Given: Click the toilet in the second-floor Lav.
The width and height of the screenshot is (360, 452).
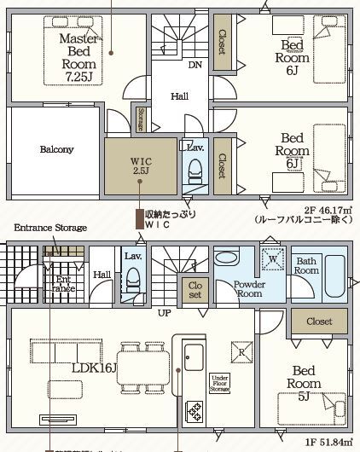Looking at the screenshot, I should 193,173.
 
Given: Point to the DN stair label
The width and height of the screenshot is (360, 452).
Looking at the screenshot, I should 195,65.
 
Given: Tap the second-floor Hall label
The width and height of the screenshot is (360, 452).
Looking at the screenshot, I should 180,97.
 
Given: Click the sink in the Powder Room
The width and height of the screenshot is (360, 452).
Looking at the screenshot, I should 227,258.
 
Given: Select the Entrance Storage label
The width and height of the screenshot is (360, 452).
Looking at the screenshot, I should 49,228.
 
